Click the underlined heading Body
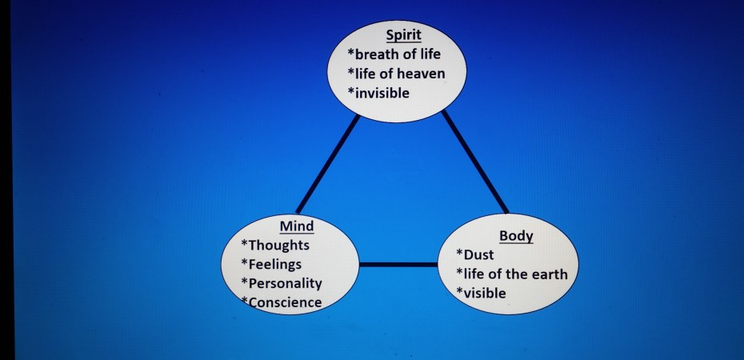tap(516, 236)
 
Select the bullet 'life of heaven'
tap(396, 74)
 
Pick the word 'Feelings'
tap(274, 264)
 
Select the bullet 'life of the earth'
tap(512, 274)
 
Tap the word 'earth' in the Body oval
tap(550, 274)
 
